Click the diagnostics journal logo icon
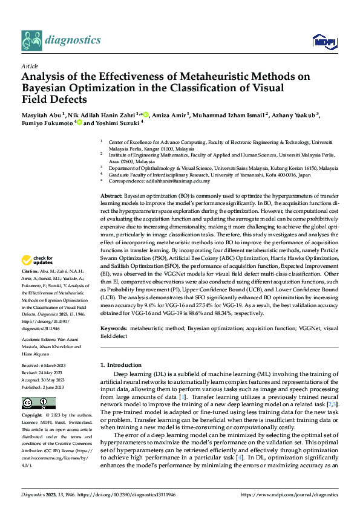click(31, 41)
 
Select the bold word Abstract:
click(111, 197)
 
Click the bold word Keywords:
click(113, 327)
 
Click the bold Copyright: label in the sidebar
click(32, 416)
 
